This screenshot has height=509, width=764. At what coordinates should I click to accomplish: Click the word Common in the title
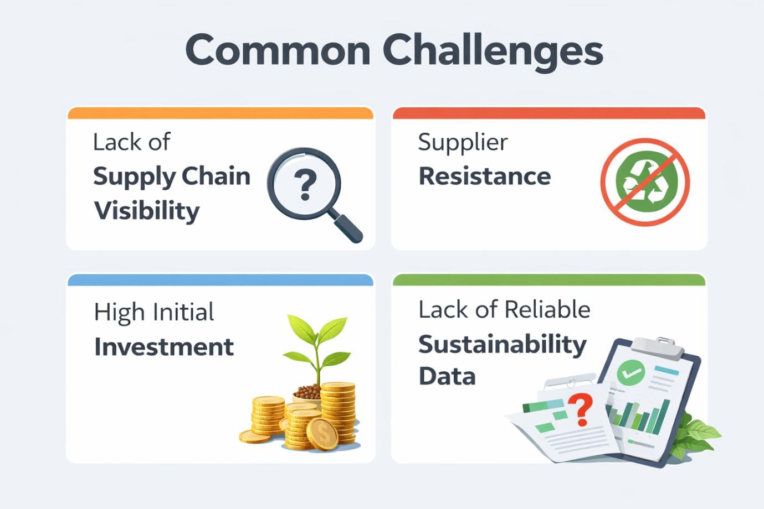[x=278, y=50]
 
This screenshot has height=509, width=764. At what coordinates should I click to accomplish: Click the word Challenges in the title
[x=493, y=51]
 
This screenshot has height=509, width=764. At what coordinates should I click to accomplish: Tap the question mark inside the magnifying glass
[x=304, y=184]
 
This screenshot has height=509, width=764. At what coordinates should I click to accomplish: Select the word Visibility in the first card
[x=147, y=211]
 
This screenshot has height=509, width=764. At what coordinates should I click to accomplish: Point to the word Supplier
[x=463, y=143]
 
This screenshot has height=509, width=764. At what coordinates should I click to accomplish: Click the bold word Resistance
[x=485, y=176]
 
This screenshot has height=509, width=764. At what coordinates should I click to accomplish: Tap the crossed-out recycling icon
[x=645, y=181]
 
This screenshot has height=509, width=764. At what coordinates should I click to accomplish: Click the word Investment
[x=164, y=347]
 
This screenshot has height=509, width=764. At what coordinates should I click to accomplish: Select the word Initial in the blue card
[x=184, y=313]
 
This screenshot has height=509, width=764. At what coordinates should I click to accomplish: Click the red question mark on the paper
[x=581, y=408]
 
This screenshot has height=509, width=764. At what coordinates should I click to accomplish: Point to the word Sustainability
[x=502, y=345]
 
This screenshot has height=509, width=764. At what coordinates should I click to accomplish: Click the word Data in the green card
[x=447, y=377]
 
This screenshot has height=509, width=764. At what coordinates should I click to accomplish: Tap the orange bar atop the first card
[x=220, y=113]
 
